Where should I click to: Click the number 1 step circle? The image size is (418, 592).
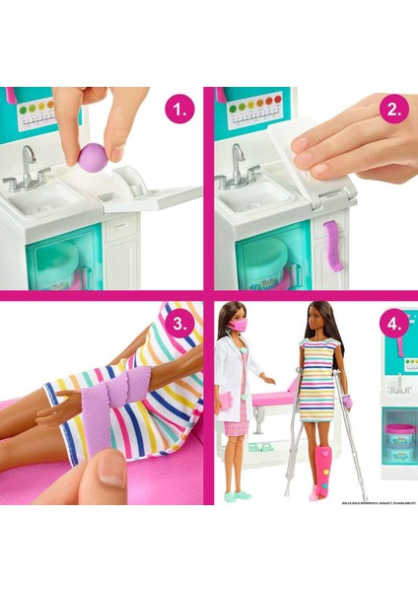tap(179, 111)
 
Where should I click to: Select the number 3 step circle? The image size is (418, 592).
tap(179, 324)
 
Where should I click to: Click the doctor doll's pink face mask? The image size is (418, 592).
tap(240, 326)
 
